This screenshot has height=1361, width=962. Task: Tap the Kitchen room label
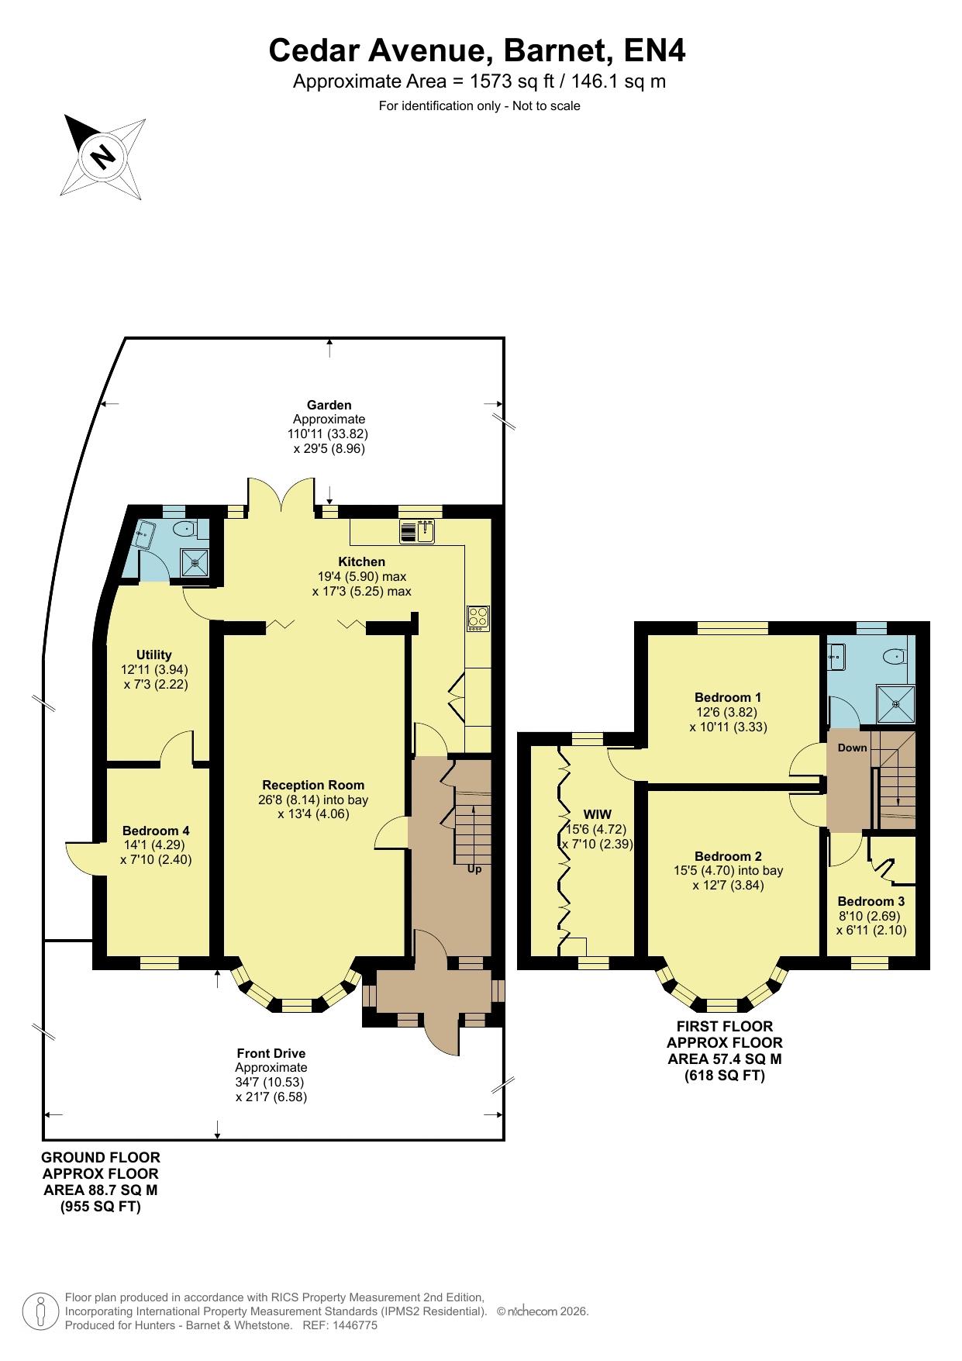tap(361, 561)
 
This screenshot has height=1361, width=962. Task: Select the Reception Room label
tap(313, 785)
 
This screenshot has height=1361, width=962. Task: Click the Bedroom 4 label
tap(156, 831)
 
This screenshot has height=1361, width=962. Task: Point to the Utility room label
tap(153, 655)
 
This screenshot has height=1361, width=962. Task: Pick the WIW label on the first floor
tap(598, 814)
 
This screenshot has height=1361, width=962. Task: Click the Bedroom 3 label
tap(871, 901)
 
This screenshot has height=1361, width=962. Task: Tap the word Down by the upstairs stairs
tap(853, 748)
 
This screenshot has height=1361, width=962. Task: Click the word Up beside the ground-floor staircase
tap(474, 869)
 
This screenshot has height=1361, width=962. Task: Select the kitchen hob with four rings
tap(478, 617)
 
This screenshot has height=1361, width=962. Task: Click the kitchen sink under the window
tap(419, 531)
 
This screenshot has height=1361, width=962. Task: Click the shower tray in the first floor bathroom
tap(896, 705)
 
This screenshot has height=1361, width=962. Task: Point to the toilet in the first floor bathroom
tap(896, 656)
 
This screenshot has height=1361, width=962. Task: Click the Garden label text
tap(329, 405)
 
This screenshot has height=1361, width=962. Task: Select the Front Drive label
tap(271, 1053)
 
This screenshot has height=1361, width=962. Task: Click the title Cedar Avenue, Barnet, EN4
tap(478, 51)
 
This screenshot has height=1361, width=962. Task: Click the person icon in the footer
tap(41, 1311)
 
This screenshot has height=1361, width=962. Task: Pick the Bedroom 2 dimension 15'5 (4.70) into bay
tap(728, 870)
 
